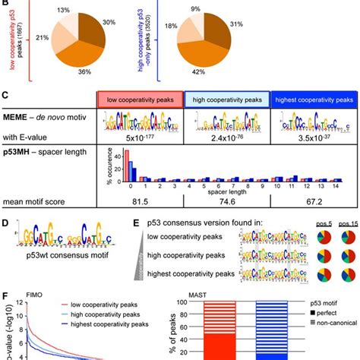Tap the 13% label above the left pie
click(x=67, y=8)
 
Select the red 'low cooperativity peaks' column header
click(x=142, y=99)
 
